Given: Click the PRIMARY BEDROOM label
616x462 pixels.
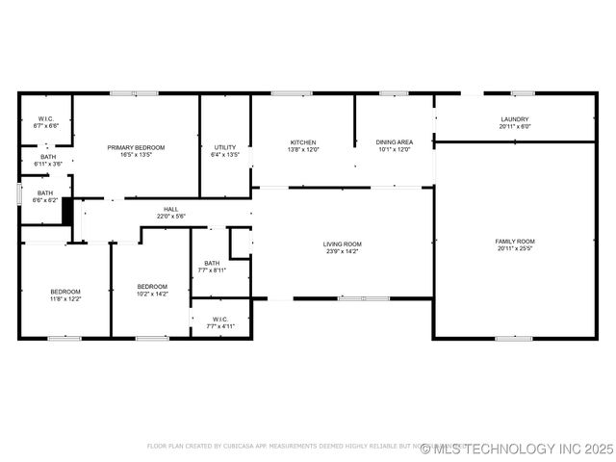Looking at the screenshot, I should click(136, 147).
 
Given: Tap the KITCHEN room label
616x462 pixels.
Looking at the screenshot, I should click(303, 142).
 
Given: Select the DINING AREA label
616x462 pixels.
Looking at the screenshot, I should click(395, 142).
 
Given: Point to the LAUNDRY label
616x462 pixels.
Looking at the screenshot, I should click(515, 119).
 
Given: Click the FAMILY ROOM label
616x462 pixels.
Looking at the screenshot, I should click(515, 241).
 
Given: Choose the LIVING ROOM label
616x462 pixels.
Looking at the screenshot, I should click(342, 244).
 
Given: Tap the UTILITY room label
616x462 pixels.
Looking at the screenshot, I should click(224, 147).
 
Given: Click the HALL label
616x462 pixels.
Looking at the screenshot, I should click(170, 209).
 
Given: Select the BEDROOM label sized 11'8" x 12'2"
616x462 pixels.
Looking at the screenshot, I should click(65, 292).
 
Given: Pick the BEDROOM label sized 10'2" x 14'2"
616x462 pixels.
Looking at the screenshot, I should click(152, 286).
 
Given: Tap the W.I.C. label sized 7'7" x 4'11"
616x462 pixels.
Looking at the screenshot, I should click(219, 320).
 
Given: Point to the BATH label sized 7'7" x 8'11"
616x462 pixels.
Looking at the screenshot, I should click(212, 263).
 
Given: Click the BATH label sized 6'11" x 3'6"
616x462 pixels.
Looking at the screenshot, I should click(48, 157).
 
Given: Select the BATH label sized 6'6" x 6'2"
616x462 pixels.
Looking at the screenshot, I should click(45, 192).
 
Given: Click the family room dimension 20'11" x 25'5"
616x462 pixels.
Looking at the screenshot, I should click(515, 248).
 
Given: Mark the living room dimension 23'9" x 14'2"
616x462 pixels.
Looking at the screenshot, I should click(342, 251).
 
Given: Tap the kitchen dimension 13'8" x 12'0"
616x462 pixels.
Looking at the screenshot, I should click(303, 150).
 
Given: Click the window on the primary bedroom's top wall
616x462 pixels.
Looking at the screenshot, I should click(134, 93).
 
